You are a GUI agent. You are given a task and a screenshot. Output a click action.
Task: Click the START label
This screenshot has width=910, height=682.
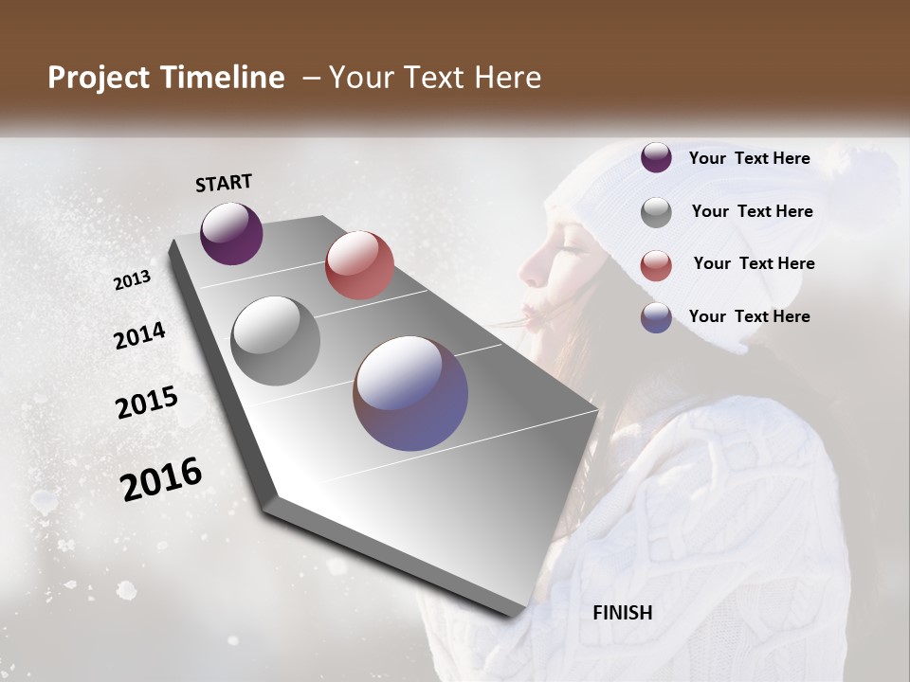(224, 183)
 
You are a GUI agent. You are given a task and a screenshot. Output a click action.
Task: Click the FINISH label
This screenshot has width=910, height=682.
(623, 613)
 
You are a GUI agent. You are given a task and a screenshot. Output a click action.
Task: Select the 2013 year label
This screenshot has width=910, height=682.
(133, 280)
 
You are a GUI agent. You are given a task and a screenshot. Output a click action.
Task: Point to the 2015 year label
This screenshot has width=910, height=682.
(147, 403)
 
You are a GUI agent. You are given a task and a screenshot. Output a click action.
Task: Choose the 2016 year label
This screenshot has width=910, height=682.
(161, 479)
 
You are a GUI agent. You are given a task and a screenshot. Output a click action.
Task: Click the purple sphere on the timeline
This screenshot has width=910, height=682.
(231, 233)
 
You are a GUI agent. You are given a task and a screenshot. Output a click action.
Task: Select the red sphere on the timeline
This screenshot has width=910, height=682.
(359, 265)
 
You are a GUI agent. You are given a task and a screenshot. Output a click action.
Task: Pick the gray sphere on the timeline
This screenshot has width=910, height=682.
(276, 340)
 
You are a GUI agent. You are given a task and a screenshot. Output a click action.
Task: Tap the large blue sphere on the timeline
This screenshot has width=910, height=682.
(410, 392)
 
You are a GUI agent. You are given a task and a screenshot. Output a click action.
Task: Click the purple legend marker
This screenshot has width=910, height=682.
(656, 158)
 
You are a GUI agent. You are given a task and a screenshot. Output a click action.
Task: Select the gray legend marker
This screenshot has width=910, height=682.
(656, 212)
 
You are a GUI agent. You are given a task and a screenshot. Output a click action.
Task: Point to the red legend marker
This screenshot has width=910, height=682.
(656, 265)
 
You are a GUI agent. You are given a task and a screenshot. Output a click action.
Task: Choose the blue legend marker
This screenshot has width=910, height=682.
(656, 318)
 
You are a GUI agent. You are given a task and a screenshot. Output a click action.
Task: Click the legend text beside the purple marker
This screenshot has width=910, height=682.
(749, 159)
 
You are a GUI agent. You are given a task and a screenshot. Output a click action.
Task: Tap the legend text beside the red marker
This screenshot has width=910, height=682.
(754, 263)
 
